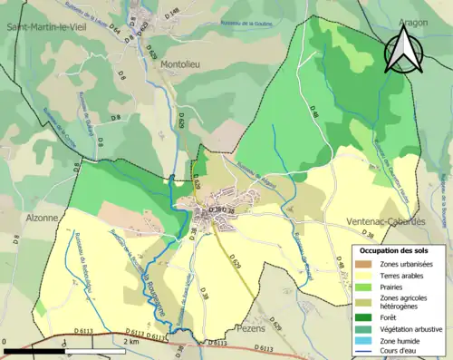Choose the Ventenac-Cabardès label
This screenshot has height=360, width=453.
pos(387,222)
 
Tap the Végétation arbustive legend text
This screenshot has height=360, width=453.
pos(410,328)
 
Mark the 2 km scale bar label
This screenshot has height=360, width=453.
pos(131,342)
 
